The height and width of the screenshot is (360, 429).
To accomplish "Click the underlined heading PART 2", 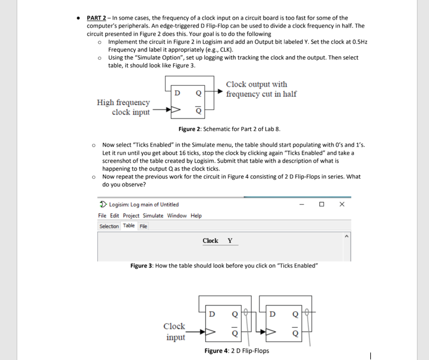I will pyautogui.click(x=98, y=18).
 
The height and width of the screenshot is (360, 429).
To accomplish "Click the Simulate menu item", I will pyautogui.click(x=154, y=216).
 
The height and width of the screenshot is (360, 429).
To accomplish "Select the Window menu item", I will pyautogui.click(x=177, y=216).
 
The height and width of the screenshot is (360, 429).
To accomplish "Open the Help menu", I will pyautogui.click(x=196, y=216).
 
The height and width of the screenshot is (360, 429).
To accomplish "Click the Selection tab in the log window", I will pyautogui.click(x=109, y=226).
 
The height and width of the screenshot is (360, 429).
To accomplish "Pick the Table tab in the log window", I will pyautogui.click(x=129, y=226).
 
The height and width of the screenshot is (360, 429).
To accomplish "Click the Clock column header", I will pyautogui.click(x=210, y=241).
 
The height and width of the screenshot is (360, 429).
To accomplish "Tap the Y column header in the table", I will pyautogui.click(x=230, y=241).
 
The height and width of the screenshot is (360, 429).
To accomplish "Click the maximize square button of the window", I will pyautogui.click(x=322, y=204).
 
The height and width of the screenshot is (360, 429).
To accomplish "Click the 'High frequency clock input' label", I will pyautogui.click(x=123, y=107).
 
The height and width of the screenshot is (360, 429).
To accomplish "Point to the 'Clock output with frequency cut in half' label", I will pyautogui.click(x=261, y=89).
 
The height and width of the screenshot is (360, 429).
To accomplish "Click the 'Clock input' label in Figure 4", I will pyautogui.click(x=175, y=331).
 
